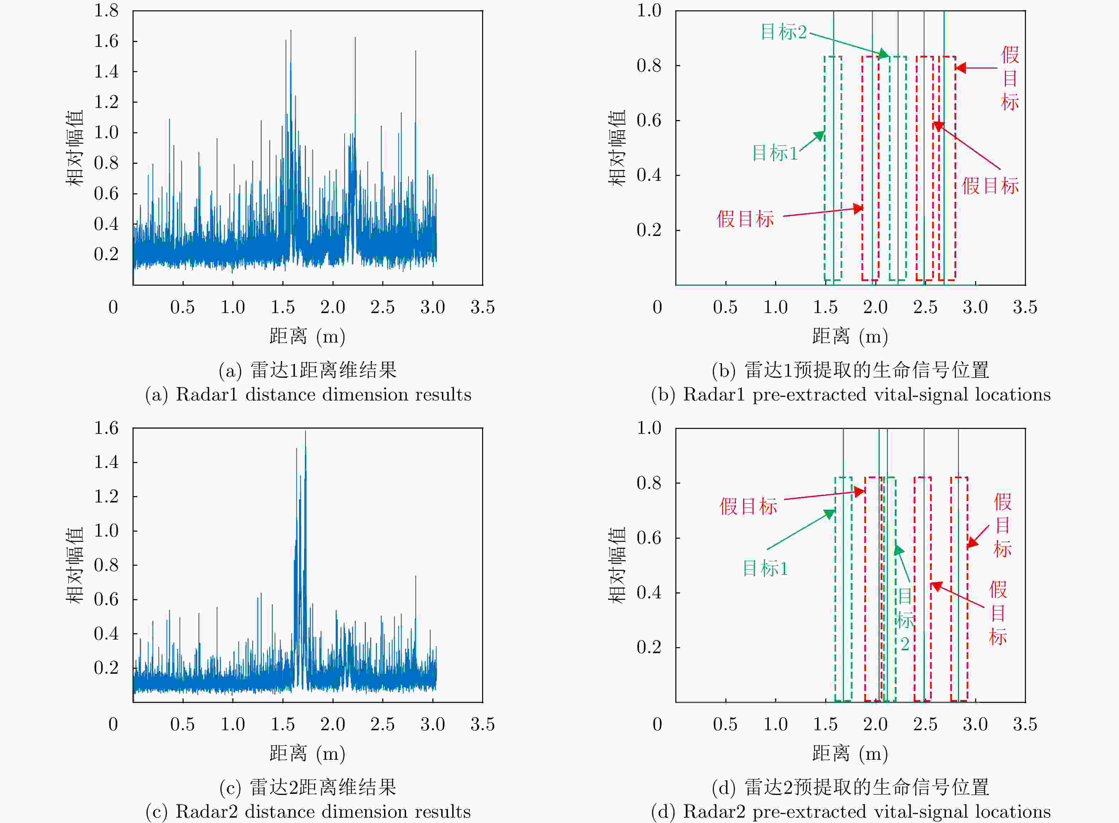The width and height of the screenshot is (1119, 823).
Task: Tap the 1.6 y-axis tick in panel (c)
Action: pyautogui.click(x=106, y=427)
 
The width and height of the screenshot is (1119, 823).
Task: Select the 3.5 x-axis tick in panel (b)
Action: pyautogui.click(x=1025, y=307)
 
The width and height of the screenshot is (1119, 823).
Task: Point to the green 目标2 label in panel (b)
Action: pyautogui.click(x=783, y=32)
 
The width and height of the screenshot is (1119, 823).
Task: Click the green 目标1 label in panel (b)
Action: pyautogui.click(x=774, y=152)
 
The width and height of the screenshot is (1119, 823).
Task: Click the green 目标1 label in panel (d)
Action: pyautogui.click(x=766, y=568)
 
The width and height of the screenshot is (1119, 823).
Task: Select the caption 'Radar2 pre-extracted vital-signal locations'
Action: pyautogui.click(x=850, y=812)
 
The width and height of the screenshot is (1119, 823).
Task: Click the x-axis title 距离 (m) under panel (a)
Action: pyautogui.click(x=307, y=336)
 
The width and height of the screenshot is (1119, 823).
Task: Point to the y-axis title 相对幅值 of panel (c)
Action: pyautogui.click(x=74, y=565)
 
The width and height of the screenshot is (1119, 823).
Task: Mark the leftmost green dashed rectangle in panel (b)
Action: pyautogui.click(x=833, y=168)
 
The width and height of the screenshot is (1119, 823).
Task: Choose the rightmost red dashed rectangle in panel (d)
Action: pyautogui.click(x=959, y=589)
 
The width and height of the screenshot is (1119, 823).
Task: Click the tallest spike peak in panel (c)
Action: pyautogui.click(x=305, y=431)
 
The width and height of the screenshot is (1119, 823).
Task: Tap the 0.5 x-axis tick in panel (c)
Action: pyautogui.click(x=182, y=724)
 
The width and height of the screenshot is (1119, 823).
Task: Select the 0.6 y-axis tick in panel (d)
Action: pyautogui.click(x=649, y=538)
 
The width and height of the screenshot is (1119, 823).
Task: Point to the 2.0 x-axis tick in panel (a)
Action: pyautogui.click(x=332, y=307)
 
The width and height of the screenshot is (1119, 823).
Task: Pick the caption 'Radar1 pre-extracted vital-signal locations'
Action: pyautogui.click(x=850, y=394)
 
